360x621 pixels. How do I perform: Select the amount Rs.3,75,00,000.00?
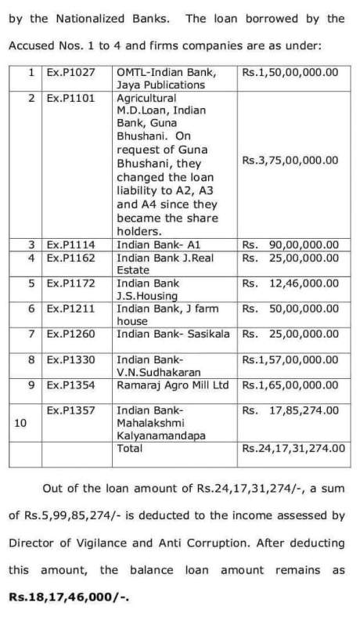[290, 161]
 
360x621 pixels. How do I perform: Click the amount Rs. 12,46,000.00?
[290, 283]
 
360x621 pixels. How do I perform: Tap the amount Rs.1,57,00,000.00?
[290, 360]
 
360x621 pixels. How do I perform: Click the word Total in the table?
[129, 448]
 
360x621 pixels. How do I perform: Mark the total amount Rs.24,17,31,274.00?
[293, 448]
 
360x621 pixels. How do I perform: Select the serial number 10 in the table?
[21, 422]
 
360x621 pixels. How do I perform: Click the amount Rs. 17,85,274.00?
[290, 410]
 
